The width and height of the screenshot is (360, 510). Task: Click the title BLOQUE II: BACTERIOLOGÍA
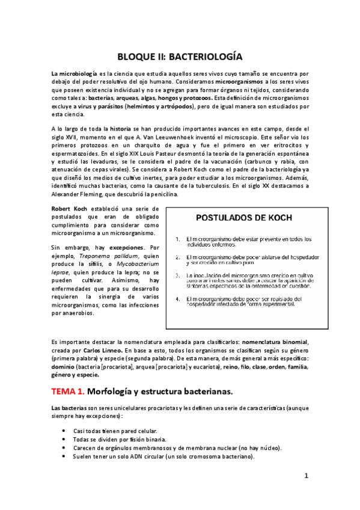tap(180, 57)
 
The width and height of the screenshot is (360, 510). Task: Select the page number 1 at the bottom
tap(306, 476)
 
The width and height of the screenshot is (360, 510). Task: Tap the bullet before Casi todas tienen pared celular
tap(64, 431)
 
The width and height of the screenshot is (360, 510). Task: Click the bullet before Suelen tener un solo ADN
tap(64, 456)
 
